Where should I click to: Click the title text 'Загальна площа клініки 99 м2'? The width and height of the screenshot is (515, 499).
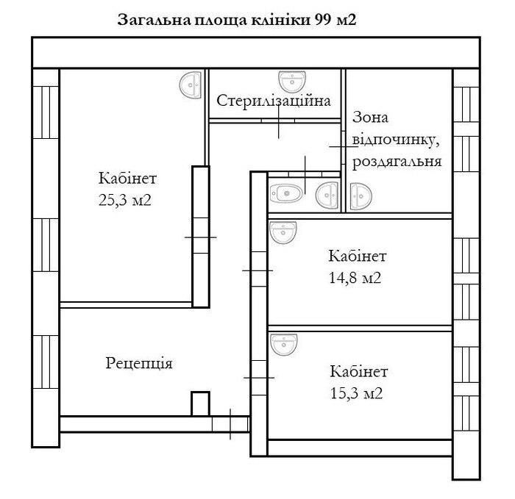(x=237, y=20)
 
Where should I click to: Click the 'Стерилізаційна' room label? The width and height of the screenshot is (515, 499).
(x=274, y=101)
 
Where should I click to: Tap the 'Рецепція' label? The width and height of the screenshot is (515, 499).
(x=139, y=363)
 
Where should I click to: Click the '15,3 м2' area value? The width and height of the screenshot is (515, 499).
(x=357, y=393)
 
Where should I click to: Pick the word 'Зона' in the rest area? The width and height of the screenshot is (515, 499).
(x=370, y=118)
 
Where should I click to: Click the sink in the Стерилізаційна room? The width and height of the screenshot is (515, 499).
(x=294, y=82)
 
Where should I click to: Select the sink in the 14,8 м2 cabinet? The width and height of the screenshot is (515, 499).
(x=283, y=232)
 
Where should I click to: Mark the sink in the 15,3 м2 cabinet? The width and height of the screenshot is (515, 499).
(x=283, y=343)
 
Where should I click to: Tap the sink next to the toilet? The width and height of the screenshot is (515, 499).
(x=326, y=195)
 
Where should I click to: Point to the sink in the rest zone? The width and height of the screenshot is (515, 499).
(x=360, y=195)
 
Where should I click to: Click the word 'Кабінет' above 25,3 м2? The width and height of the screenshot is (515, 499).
(x=127, y=179)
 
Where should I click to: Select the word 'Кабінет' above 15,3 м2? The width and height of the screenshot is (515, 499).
(x=358, y=371)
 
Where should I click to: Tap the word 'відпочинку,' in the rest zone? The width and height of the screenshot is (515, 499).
(x=397, y=140)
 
